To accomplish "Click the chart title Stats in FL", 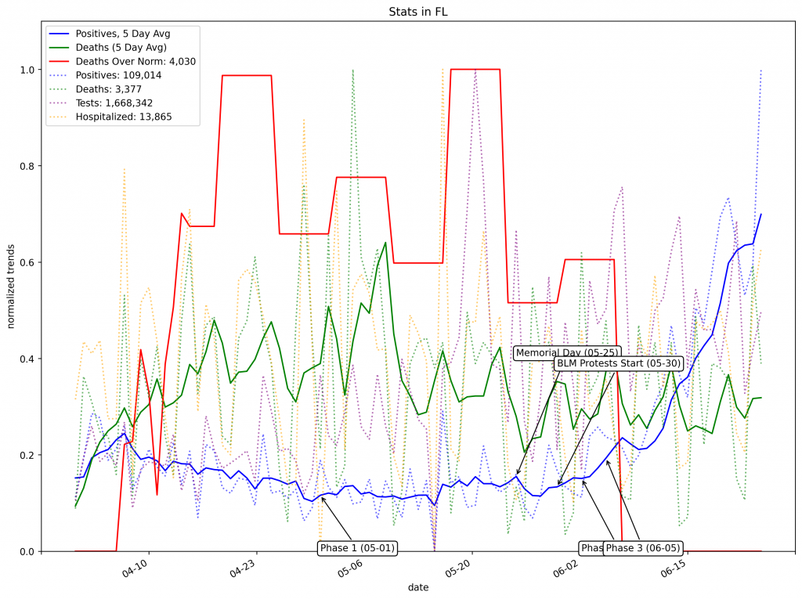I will click(418, 12).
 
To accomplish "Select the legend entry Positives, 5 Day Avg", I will click(123, 34).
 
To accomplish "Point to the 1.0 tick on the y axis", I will click(27, 70).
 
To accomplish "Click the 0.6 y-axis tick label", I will click(27, 262).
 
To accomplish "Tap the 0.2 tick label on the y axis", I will click(27, 455).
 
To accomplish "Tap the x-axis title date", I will click(418, 586).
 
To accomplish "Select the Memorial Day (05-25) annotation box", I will click(566, 353).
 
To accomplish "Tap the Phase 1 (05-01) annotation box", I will click(357, 548).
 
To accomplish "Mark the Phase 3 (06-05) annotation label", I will click(643, 548).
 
